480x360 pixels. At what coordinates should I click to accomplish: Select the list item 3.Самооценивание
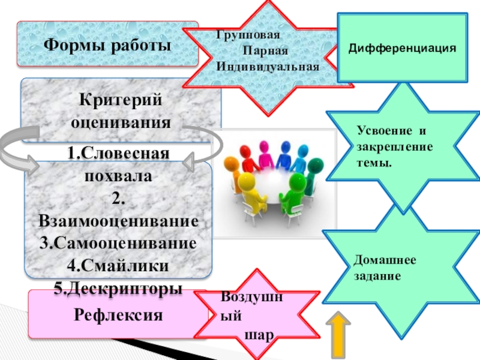tap(118, 243)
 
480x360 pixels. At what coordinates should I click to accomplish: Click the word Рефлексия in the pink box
tap(118, 314)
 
